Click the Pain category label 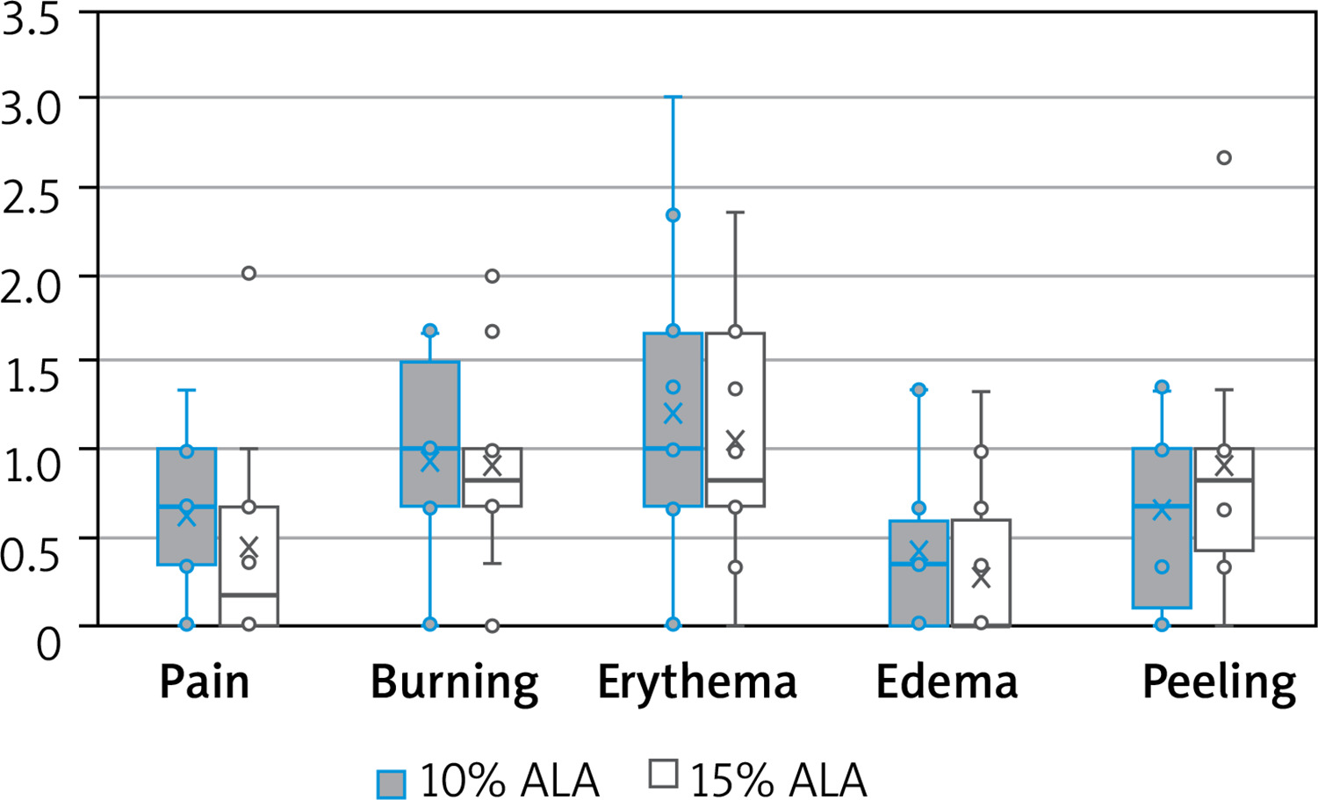tap(204, 682)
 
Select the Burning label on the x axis tap(454, 682)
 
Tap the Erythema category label tap(697, 682)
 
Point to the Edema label tap(947, 682)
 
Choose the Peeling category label tap(1219, 682)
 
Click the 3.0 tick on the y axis tap(32, 109)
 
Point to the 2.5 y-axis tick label tap(32, 197)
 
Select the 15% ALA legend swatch tap(663, 775)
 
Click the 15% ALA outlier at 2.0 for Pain tap(248, 273)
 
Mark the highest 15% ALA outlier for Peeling tap(1224, 158)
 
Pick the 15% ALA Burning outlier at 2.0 tap(493, 276)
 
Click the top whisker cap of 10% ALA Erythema tap(673, 97)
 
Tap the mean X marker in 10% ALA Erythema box tap(673, 414)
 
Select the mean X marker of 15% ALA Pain tap(248, 546)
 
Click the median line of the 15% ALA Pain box tap(248, 595)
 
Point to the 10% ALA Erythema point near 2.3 tap(673, 215)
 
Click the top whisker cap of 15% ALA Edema tap(981, 392)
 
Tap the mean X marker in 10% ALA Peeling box tap(1162, 510)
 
